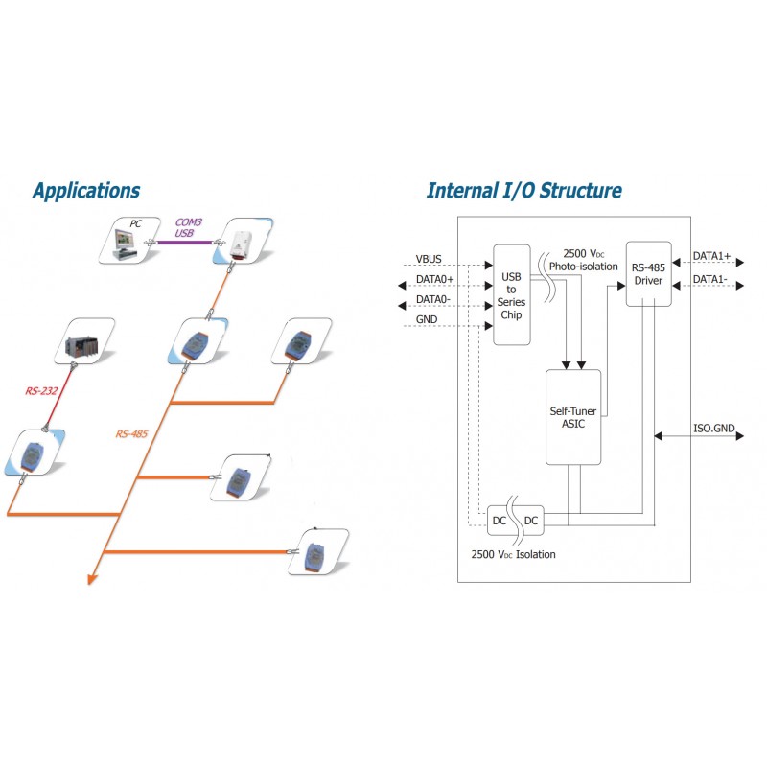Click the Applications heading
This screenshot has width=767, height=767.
[85, 190]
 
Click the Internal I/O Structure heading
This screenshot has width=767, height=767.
[523, 190]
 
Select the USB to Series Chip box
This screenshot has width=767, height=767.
[511, 294]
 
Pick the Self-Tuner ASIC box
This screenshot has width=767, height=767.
[573, 417]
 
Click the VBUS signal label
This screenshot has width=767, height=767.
[429, 258]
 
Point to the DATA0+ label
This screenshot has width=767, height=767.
[435, 278]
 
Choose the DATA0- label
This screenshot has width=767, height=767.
[434, 300]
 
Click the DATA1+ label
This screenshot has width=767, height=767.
[711, 258]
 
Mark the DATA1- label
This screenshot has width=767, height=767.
[710, 279]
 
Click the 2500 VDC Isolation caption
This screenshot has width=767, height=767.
[513, 554]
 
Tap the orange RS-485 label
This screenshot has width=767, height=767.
[132, 434]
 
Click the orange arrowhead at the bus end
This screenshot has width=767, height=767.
[92, 577]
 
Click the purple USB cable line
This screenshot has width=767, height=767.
[184, 243]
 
